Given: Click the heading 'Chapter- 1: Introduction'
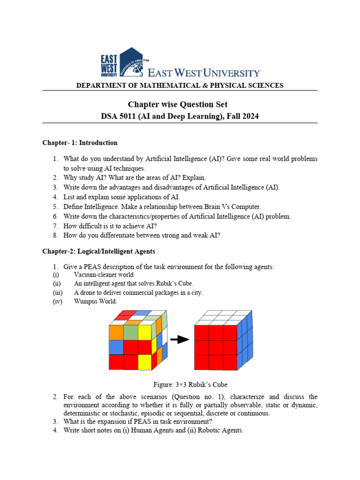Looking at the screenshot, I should click(x=80, y=142).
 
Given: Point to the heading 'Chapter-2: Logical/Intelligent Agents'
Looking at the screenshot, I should click(x=98, y=252).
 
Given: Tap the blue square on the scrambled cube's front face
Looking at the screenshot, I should click(x=116, y=347).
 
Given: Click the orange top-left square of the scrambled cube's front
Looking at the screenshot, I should click(x=116, y=332).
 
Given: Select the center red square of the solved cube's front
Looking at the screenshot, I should click(x=216, y=347).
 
